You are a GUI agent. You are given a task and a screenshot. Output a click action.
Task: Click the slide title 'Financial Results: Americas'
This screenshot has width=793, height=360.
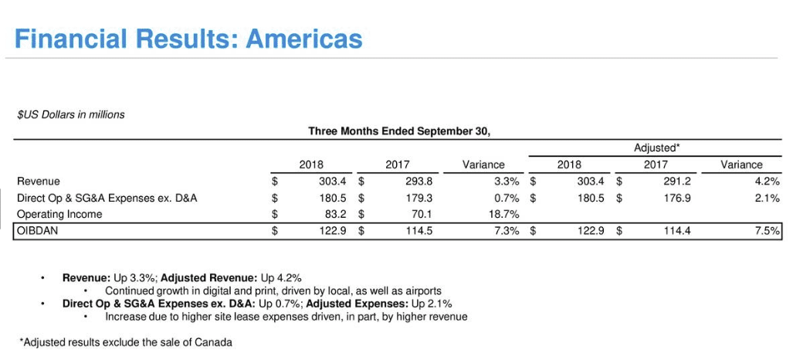click(x=188, y=39)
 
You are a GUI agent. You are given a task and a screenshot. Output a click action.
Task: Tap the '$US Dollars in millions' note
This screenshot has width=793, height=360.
click(x=70, y=114)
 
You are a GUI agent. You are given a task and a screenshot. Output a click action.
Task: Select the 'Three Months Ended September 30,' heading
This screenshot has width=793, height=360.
click(x=398, y=131)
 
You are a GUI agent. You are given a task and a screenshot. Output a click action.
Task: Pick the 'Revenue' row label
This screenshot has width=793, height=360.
click(x=39, y=182)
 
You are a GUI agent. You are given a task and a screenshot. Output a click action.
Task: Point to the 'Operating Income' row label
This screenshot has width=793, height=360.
click(x=59, y=214)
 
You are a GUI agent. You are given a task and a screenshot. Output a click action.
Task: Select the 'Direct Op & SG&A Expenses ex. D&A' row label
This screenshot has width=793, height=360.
click(x=107, y=198)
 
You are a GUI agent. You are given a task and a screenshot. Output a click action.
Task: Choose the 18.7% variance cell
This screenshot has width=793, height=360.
click(x=490, y=214)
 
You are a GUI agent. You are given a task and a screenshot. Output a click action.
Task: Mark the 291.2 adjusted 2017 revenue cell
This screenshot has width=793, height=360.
click(x=677, y=182)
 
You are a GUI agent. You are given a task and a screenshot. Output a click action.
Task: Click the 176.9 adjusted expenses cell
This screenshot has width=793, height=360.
click(x=677, y=198)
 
